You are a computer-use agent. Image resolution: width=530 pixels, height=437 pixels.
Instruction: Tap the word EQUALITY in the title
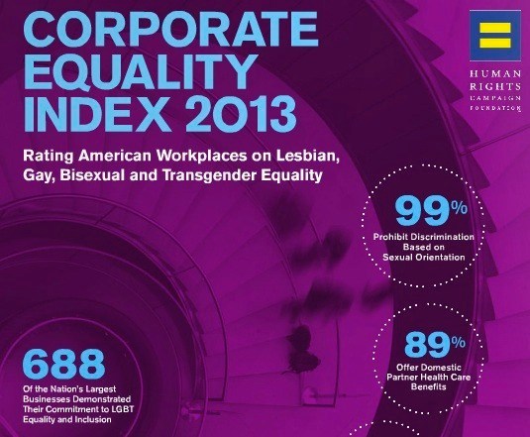click(140, 72)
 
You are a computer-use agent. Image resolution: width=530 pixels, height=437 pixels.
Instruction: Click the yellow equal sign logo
click(495, 35)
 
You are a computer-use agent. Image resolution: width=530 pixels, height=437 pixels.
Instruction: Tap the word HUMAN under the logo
click(495, 74)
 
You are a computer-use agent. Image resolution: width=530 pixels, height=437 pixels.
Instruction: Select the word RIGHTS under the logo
click(495, 86)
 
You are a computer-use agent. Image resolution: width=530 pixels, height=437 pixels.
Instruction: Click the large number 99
click(423, 211)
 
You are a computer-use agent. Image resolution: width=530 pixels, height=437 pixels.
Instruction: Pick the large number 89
click(428, 345)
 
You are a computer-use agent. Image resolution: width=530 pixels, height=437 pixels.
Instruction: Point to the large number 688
click(63, 364)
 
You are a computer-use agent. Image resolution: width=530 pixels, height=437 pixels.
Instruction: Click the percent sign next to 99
click(460, 208)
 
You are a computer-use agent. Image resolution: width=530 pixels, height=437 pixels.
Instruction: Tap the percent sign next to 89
click(459, 343)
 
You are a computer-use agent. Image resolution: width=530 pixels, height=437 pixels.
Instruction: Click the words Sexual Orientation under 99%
click(424, 258)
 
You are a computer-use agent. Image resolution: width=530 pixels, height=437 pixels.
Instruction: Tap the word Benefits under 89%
click(429, 386)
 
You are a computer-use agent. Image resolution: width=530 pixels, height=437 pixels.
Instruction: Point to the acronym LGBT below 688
click(123, 409)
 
